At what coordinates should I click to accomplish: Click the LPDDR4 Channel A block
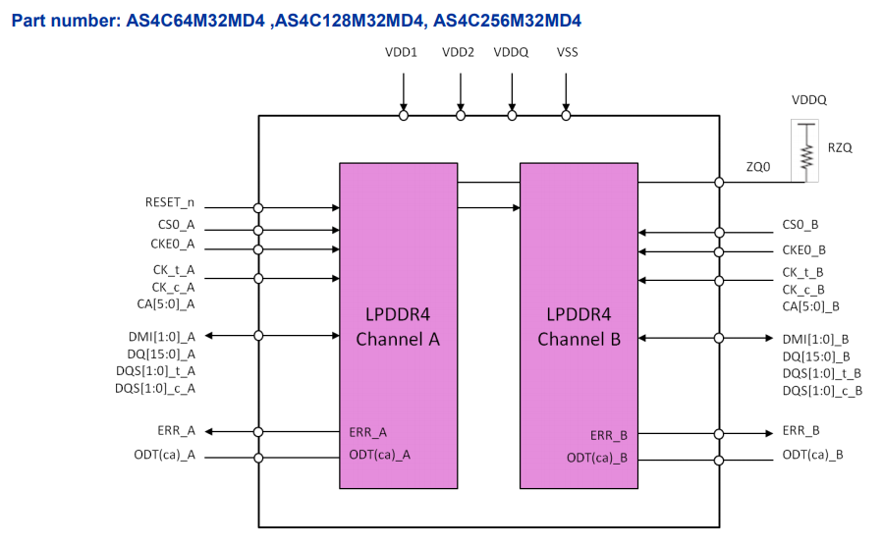click(398, 326)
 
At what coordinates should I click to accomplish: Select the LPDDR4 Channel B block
click(579, 326)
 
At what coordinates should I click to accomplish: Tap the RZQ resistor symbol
click(807, 152)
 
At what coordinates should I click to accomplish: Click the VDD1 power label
click(401, 52)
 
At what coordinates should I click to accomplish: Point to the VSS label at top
click(567, 52)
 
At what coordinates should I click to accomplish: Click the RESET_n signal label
click(170, 202)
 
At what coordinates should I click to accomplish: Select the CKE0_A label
click(172, 244)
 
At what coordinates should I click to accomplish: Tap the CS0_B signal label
click(800, 225)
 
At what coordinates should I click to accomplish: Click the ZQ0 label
click(758, 167)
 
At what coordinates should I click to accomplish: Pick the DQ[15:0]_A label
click(161, 355)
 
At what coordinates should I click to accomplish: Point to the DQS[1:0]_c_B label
click(822, 391)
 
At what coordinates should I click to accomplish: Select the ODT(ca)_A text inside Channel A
click(379, 455)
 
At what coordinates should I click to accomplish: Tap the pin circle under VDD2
click(461, 116)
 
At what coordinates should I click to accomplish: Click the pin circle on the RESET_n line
click(258, 208)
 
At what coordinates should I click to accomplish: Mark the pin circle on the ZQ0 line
click(719, 183)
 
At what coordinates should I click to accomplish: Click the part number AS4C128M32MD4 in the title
click(349, 21)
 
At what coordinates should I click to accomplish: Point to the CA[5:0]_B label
click(811, 306)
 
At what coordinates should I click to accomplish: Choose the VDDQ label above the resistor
click(809, 100)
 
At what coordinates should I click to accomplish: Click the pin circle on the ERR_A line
click(258, 432)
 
